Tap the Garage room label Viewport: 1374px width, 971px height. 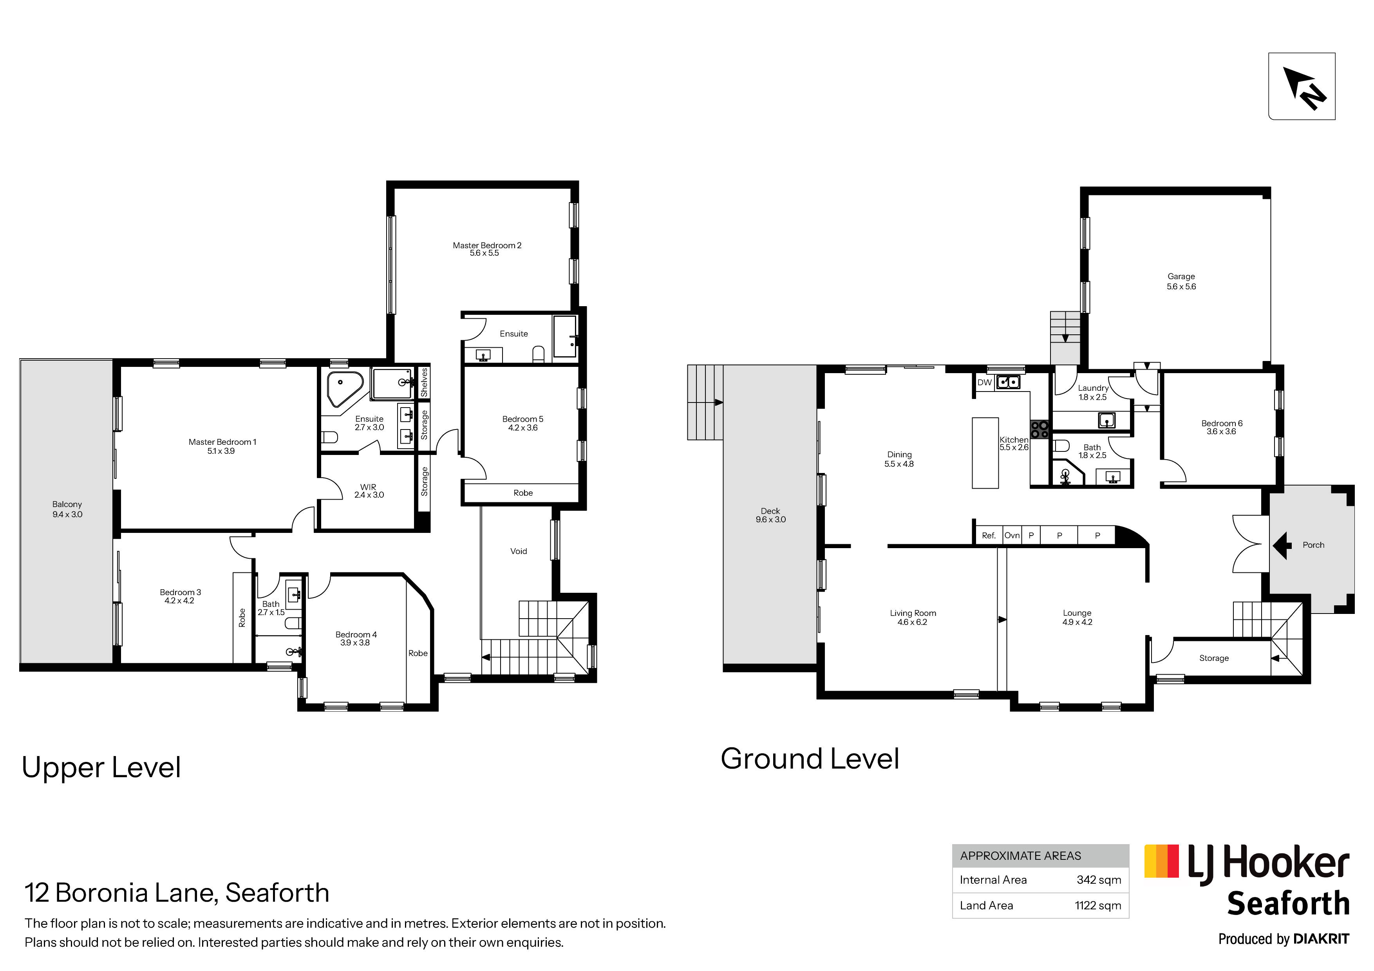tap(1181, 276)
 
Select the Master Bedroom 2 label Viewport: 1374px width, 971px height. tap(487, 245)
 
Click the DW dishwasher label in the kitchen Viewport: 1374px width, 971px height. tap(984, 382)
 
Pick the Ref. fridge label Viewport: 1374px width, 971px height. tap(989, 536)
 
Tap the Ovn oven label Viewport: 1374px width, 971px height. tap(1012, 536)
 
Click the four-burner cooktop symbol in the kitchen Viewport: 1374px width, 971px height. tap(1040, 429)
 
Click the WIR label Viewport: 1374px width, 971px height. tap(368, 487)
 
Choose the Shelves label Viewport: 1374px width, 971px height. tap(424, 382)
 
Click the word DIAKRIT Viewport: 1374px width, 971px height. tap(1322, 939)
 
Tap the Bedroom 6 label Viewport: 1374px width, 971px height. tap(1222, 423)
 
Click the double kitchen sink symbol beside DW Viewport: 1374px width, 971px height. tap(1008, 382)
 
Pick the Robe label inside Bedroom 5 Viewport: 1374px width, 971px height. tap(523, 493)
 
